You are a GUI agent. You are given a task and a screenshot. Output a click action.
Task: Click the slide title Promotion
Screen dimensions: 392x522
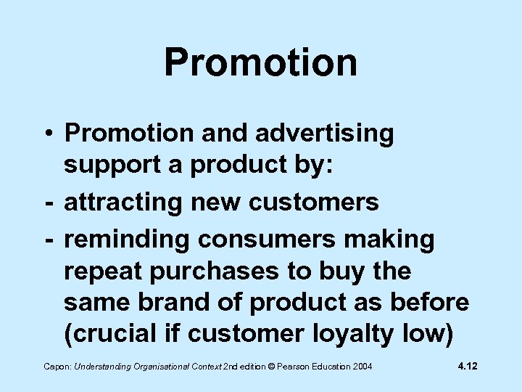(260, 62)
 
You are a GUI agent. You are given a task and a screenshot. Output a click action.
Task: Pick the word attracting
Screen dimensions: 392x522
(123, 202)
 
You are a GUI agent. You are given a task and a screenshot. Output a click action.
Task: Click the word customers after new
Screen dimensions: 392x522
(313, 202)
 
